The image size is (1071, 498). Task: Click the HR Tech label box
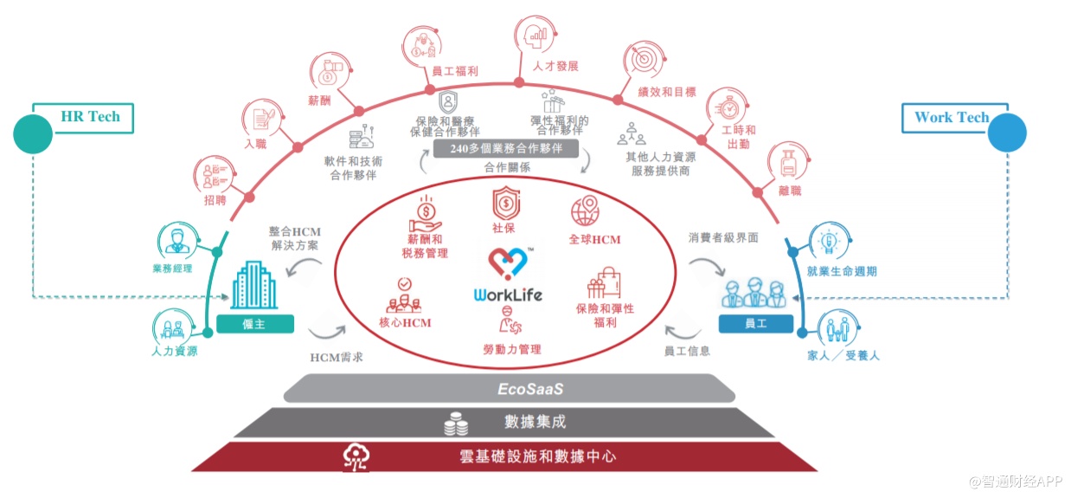point(91,117)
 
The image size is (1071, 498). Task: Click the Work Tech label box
point(952,118)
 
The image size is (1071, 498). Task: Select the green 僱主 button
point(255,324)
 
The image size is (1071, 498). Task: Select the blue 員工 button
point(756,324)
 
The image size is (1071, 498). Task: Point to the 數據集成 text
point(536,423)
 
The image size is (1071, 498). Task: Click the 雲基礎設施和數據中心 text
point(536,456)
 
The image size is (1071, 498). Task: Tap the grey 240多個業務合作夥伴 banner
point(506,149)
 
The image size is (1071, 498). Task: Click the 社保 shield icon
point(506,203)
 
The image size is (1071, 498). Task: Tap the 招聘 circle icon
point(213,174)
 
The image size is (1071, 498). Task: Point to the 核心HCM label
point(405,323)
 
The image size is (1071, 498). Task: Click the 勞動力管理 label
point(512,349)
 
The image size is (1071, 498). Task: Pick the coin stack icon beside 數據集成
point(455,424)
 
